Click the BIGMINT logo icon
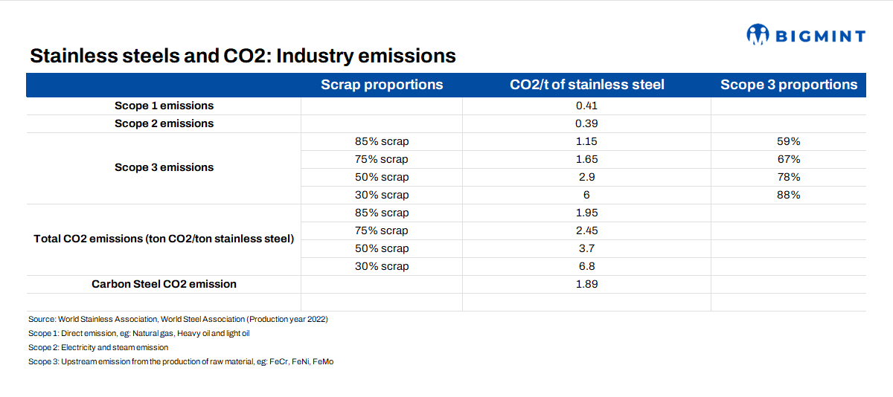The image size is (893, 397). [757, 34]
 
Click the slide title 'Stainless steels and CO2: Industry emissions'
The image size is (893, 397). [243, 57]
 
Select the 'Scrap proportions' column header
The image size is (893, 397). [382, 85]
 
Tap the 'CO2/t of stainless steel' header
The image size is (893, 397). [586, 85]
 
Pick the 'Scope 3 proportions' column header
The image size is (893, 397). [789, 85]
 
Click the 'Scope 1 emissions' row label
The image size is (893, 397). [164, 106]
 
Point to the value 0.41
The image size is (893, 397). [586, 106]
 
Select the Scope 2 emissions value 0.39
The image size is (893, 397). [586, 123]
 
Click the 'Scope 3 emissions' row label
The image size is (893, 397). [164, 168]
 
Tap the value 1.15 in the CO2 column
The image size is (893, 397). [586, 141]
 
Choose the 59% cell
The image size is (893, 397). [789, 141]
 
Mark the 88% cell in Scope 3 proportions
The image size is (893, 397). [789, 195]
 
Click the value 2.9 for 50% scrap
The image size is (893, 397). [586, 177]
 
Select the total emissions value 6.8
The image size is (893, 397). [586, 266]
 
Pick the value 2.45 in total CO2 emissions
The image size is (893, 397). [586, 230]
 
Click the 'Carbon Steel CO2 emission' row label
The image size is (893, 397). [164, 284]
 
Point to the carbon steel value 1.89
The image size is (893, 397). [586, 284]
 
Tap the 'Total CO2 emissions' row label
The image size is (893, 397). [164, 239]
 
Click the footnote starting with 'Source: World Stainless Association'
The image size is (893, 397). [178, 319]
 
